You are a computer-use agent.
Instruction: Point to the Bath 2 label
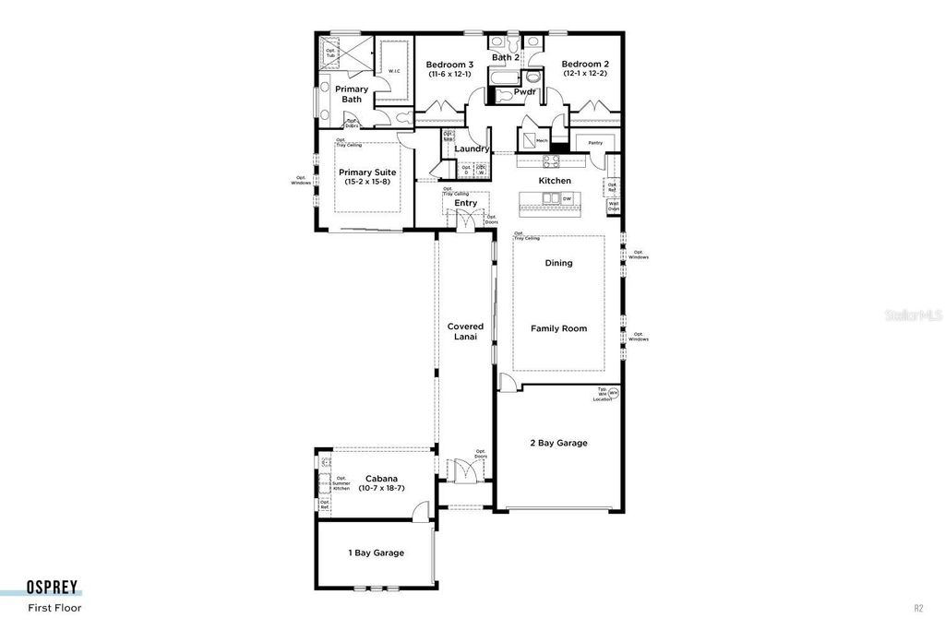pos(505,57)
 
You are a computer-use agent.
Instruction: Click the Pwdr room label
pos(525,91)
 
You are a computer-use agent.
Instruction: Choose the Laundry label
pos(472,149)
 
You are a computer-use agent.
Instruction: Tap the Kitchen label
pos(555,181)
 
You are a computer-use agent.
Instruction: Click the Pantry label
pos(595,143)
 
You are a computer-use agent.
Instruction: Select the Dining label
pos(558,263)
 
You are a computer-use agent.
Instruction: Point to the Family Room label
pos(558,328)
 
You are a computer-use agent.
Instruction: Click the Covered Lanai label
pos(465,332)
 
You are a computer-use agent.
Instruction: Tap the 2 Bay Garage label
pos(559,443)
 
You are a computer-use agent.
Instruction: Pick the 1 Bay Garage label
pos(376,553)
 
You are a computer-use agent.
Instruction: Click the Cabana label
pos(381,479)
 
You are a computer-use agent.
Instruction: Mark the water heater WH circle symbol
pos(614,394)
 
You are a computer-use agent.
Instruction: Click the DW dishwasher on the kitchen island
pos(567,198)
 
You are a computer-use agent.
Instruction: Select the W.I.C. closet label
pos(394,71)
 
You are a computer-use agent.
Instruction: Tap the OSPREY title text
pos(52,588)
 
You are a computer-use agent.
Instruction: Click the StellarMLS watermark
pos(914,315)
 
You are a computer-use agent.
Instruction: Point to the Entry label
pos(465,203)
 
